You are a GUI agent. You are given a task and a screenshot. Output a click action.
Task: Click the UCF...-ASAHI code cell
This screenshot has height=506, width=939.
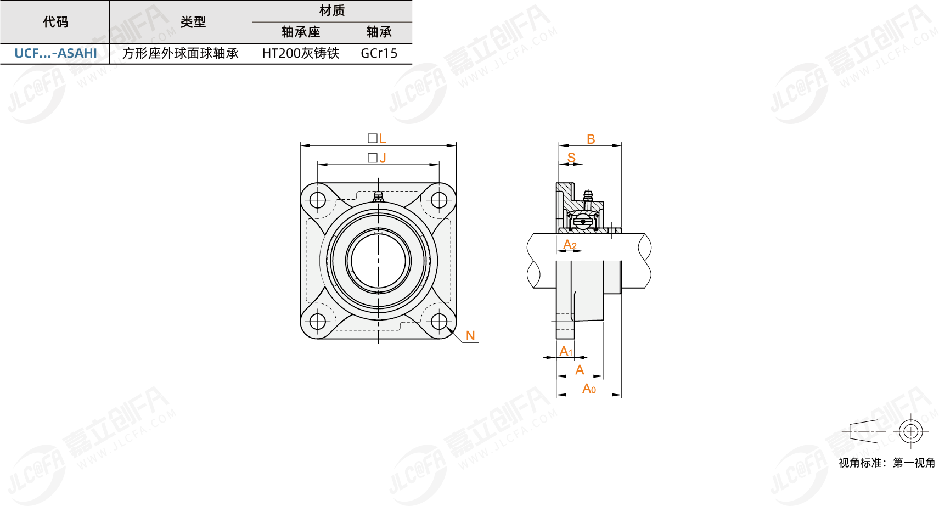click(x=55, y=53)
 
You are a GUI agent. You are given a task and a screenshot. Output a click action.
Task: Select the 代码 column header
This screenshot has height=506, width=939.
click(x=55, y=22)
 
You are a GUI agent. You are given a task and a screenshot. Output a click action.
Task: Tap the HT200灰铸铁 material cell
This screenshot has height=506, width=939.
click(x=300, y=53)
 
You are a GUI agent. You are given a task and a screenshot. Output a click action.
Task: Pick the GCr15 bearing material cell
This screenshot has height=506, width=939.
click(x=379, y=53)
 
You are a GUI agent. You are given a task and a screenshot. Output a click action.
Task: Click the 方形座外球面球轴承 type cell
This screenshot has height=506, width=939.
click(x=180, y=53)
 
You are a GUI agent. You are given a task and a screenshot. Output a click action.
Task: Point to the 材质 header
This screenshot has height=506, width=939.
click(x=332, y=10)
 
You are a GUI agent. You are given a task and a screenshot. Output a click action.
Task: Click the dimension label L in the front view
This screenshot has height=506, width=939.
click(x=383, y=138)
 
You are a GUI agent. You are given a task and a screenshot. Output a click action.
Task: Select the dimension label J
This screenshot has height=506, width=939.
click(x=383, y=158)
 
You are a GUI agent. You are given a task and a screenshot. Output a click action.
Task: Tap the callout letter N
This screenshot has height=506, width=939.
click(x=470, y=336)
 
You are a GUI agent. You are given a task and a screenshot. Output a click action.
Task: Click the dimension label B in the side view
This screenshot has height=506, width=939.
click(x=591, y=139)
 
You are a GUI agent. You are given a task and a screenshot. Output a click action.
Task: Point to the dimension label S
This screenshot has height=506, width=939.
click(x=571, y=158)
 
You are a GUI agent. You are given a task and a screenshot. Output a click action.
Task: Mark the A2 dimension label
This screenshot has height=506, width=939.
click(x=570, y=245)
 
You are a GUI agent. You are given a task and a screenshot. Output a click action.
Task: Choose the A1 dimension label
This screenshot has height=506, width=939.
click(x=566, y=351)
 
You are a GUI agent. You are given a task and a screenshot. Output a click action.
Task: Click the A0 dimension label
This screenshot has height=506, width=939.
click(x=589, y=389)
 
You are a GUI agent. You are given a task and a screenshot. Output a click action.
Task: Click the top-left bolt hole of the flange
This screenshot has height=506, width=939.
click(x=318, y=200)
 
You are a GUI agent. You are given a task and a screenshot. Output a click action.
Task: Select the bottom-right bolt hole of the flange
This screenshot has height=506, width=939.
click(x=439, y=322)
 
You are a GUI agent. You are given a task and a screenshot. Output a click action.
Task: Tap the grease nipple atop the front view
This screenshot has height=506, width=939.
click(x=378, y=196)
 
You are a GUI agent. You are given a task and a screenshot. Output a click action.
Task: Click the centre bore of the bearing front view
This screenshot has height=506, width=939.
click(x=378, y=261)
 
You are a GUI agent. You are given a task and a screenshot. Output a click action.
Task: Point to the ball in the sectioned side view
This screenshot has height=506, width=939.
click(x=583, y=221)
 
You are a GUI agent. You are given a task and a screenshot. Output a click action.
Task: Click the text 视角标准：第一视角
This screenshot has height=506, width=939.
click(x=887, y=463)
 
